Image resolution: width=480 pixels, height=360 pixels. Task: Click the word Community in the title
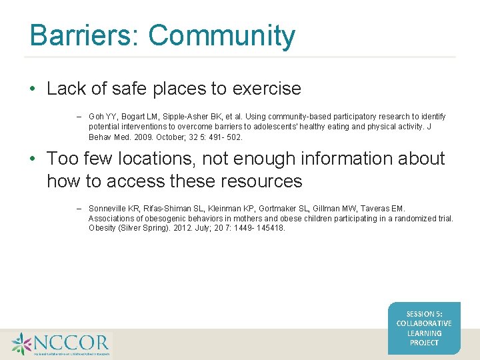click(x=221, y=35)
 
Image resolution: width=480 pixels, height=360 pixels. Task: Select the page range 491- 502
click(x=225, y=137)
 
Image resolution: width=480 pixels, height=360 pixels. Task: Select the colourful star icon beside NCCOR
click(x=21, y=344)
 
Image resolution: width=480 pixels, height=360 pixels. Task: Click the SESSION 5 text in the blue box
click(x=424, y=313)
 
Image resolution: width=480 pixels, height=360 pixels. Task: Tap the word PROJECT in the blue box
click(x=424, y=343)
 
